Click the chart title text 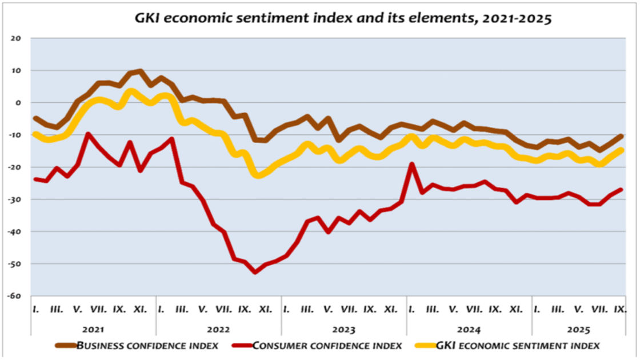[343, 18]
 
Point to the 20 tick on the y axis [15, 38]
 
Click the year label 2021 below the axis [93, 330]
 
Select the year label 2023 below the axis [343, 330]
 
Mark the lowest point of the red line [255, 272]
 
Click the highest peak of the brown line [140, 71]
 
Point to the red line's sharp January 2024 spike [411, 165]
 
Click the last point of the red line [621, 190]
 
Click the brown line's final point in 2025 [621, 136]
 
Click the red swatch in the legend [241, 345]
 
